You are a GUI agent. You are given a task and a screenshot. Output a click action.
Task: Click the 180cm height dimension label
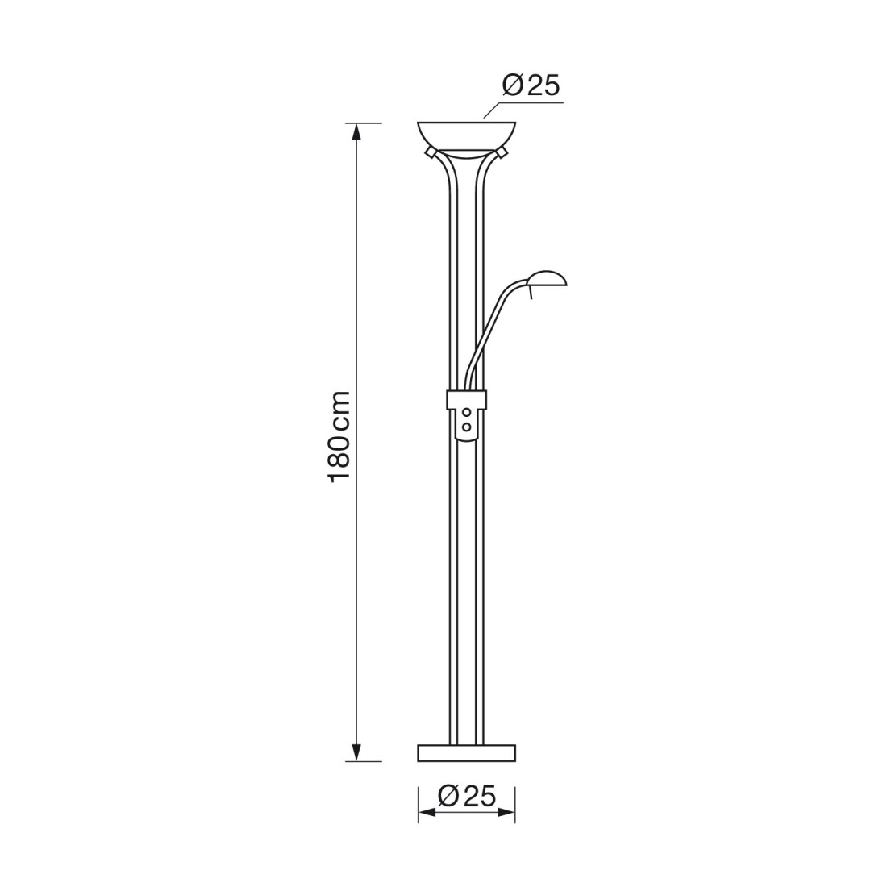(x=340, y=435)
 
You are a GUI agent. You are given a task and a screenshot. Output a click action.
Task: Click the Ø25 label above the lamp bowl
(x=531, y=86)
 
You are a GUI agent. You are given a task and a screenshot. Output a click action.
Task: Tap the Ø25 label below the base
(x=467, y=796)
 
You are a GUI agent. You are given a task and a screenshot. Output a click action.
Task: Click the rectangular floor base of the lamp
(x=467, y=753)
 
